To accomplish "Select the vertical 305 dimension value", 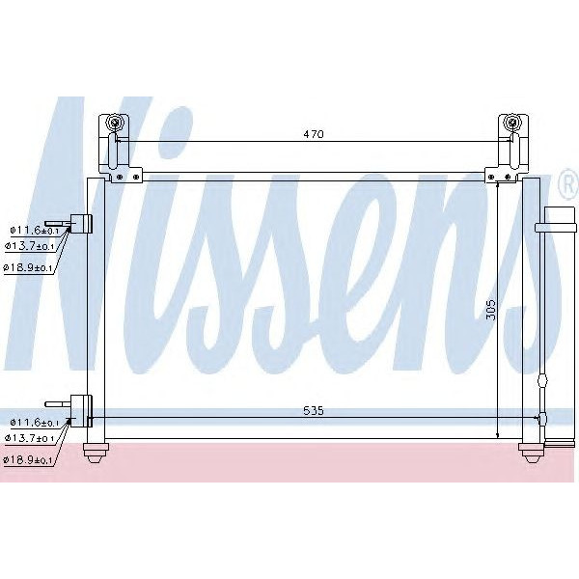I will (490, 309).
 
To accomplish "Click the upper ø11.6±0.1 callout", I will (34, 230).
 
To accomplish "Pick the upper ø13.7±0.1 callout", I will (34, 249).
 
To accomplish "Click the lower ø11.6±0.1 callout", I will (34, 423).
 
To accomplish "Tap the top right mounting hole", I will (512, 124).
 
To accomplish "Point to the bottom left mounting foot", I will (96, 450).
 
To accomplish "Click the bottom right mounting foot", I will (531, 450).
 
